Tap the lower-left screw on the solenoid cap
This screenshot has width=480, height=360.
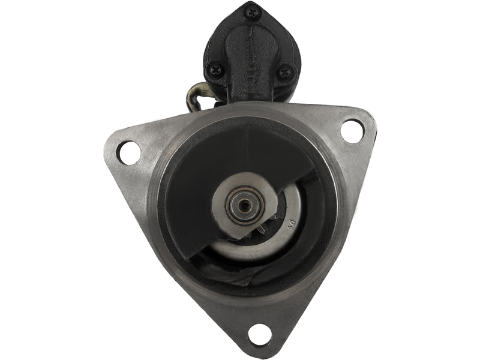[x=214, y=70]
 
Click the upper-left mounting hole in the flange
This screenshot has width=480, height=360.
[x=128, y=152]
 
